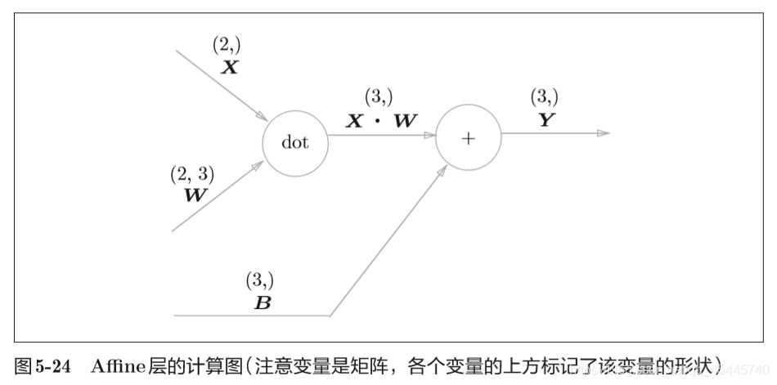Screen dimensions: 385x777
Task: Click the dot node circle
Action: click(294, 142)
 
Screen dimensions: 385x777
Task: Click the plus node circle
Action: click(468, 138)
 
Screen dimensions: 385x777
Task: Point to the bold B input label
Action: click(263, 302)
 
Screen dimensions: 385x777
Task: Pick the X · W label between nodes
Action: click(381, 121)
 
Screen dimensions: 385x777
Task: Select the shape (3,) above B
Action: click(260, 280)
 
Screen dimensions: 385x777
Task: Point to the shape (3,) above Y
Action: click(545, 96)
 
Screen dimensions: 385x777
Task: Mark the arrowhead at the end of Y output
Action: click(604, 133)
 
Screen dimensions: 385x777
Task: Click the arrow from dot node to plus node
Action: click(381, 136)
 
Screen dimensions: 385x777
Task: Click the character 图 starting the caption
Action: click(24, 365)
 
